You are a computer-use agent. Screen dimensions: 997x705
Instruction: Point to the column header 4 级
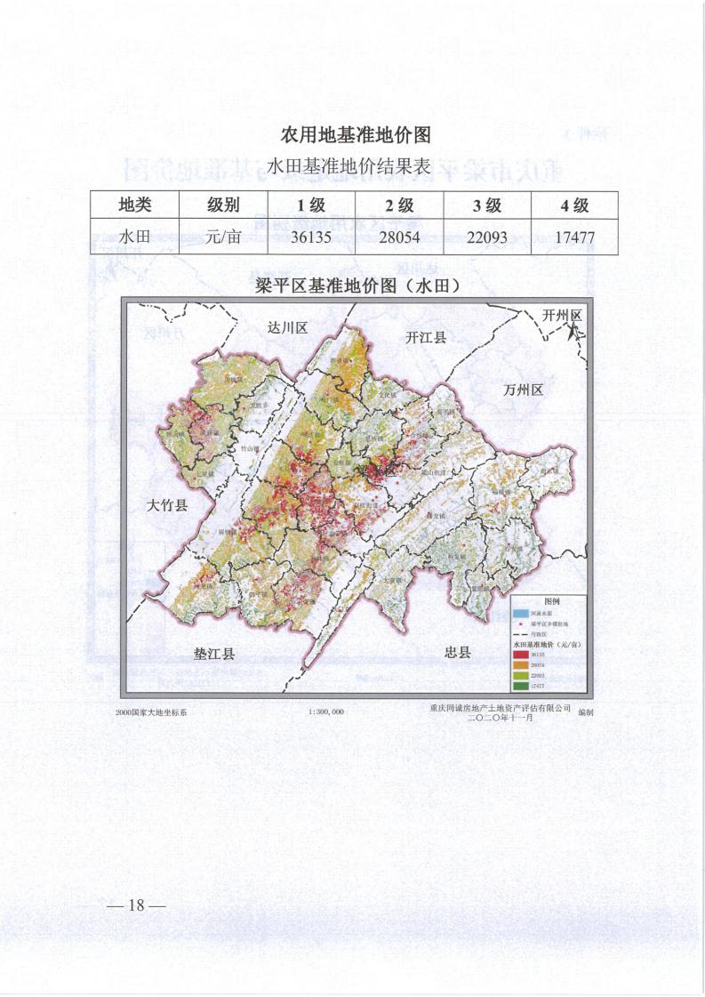(x=574, y=205)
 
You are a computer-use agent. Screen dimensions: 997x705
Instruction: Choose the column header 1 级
(x=310, y=205)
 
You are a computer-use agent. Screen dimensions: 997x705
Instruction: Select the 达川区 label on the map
(x=287, y=328)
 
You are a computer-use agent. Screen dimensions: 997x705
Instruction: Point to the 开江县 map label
(x=426, y=337)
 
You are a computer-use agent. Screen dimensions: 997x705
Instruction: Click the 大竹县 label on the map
(x=167, y=506)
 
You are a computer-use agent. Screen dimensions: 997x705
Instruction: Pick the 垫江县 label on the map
(x=214, y=654)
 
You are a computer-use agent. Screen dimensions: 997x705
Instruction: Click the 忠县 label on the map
(x=457, y=652)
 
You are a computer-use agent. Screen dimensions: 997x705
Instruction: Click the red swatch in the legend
(x=519, y=655)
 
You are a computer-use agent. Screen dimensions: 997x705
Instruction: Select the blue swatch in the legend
(x=519, y=614)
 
